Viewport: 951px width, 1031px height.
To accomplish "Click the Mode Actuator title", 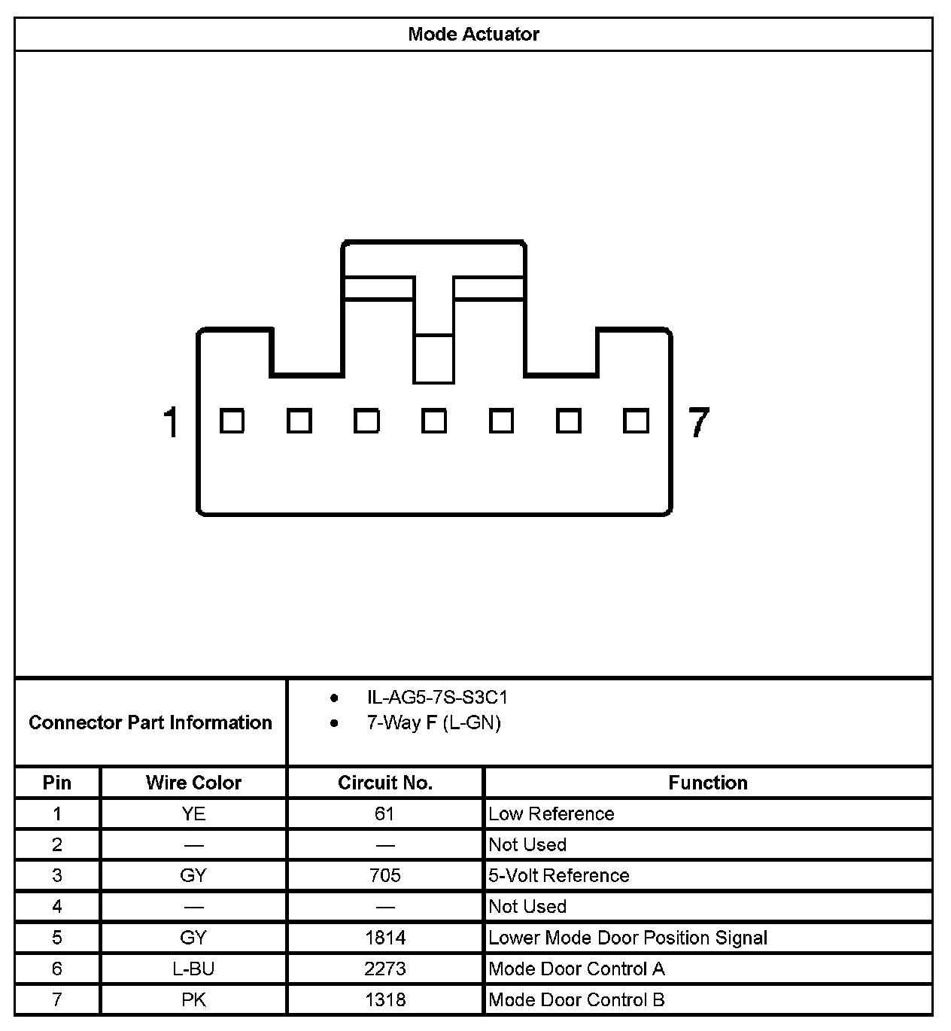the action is pos(473,34).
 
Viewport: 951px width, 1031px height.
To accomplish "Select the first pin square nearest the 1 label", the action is pos(232,421).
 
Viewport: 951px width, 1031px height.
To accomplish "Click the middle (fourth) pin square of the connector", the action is pos(433,421).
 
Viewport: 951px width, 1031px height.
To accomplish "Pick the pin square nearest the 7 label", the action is pos(636,421).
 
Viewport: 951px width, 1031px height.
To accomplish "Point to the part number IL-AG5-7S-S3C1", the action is pos(437,698).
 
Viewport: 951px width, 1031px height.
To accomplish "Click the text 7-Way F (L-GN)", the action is pos(433,723).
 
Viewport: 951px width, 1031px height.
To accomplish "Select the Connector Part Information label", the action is pos(150,722).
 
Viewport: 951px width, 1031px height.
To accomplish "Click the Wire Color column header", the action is pos(193,783).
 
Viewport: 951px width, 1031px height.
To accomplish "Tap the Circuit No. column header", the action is pos(385,783).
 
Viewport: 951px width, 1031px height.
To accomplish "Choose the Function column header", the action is pos(708,783).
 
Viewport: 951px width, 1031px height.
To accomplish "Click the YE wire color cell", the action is pos(193,814).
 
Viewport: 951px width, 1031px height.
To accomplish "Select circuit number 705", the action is pos(385,875).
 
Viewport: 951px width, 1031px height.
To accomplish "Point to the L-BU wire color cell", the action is pos(193,969).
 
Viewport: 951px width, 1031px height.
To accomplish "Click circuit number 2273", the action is pos(385,969).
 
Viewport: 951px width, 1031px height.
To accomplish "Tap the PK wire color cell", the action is pos(193,999).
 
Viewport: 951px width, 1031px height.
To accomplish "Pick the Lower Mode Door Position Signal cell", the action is pos(627,938).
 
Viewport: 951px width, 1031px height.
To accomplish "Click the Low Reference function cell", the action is pos(551,814).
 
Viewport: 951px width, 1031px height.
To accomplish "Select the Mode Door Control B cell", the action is pos(576,999).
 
